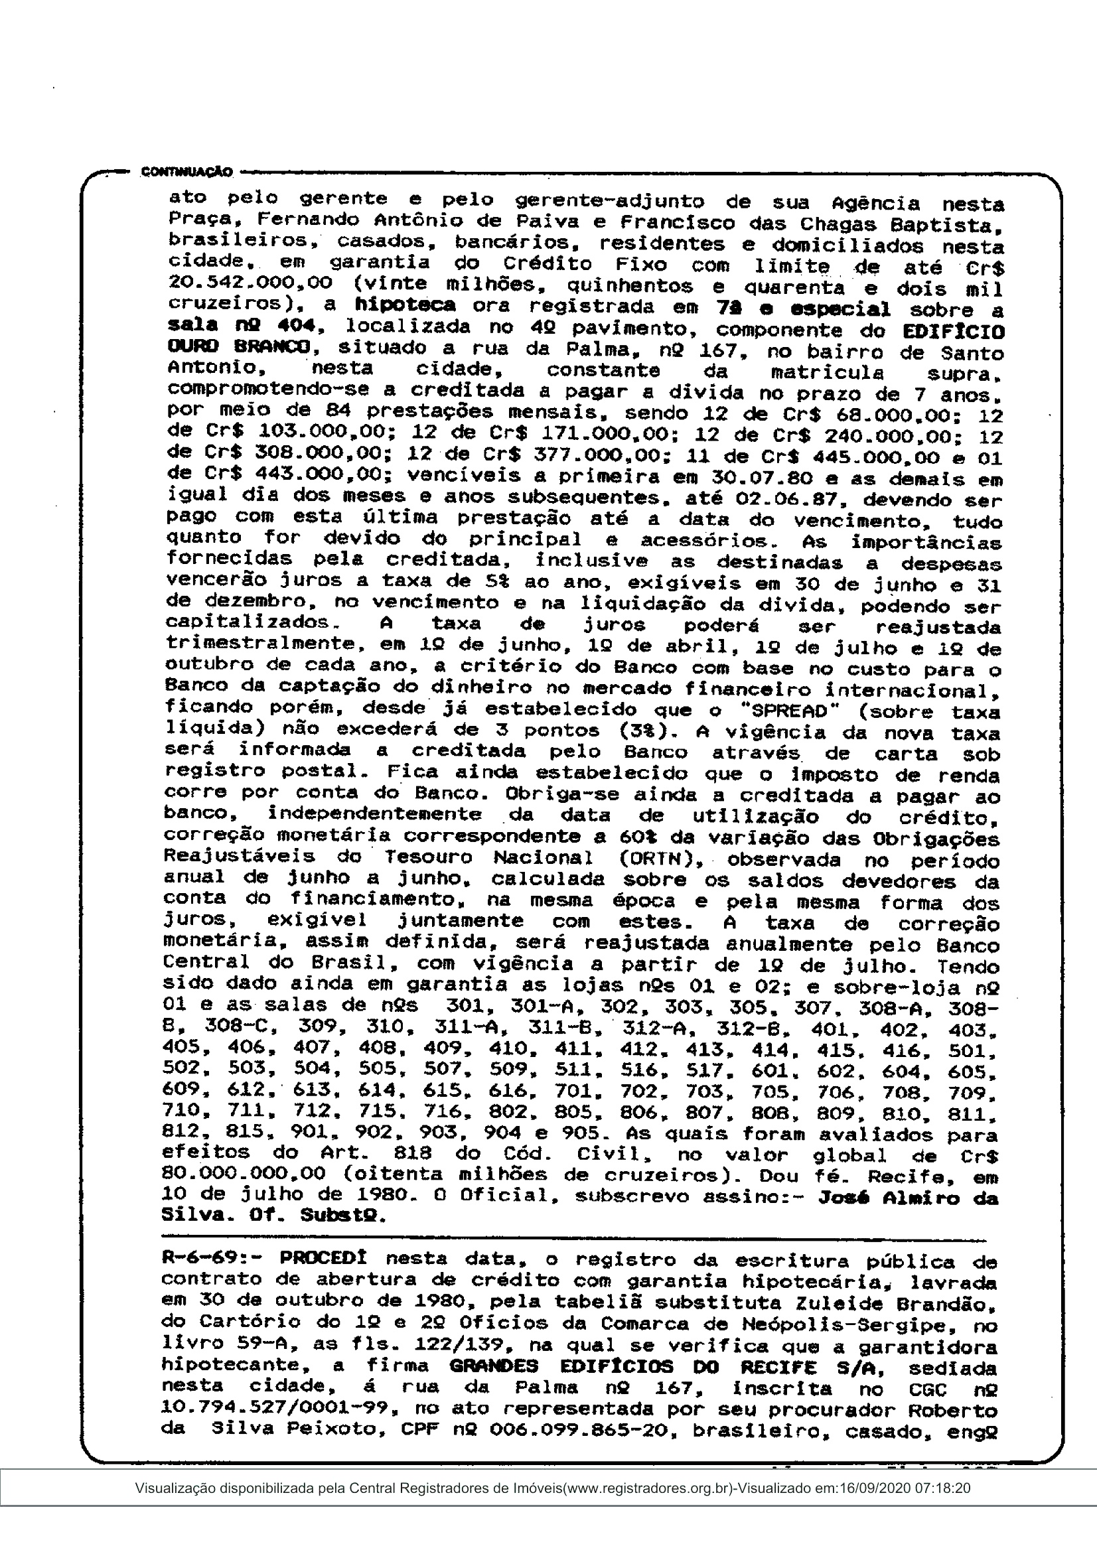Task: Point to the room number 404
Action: coord(295,325)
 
